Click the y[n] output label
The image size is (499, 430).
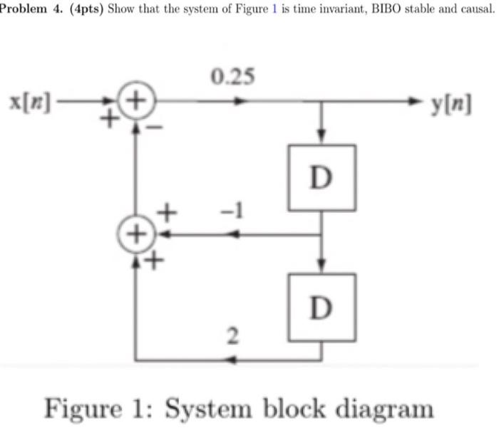click(451, 103)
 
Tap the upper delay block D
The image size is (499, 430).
click(322, 177)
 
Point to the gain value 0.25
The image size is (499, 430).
click(230, 76)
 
